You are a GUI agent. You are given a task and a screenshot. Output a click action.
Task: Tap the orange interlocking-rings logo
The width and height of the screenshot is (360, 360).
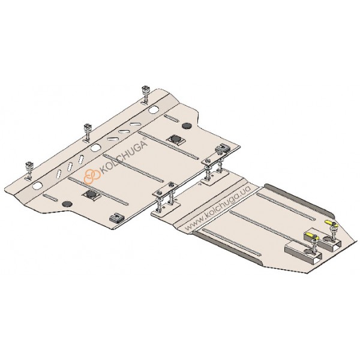[x=92, y=176]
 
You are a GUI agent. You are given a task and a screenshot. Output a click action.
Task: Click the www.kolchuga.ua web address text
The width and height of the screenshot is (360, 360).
[x=217, y=208]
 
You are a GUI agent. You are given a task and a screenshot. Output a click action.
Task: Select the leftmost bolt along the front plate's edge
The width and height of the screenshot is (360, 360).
[x=29, y=170]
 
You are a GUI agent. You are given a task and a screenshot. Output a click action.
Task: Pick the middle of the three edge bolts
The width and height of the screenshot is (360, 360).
[x=87, y=133]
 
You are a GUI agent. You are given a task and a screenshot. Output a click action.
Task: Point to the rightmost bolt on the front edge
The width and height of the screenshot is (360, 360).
[x=145, y=95]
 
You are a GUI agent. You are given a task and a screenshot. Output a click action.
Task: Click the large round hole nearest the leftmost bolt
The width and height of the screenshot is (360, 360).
[x=37, y=185]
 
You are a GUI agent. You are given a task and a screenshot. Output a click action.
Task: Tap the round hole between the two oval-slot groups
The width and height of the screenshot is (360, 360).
[x=95, y=148]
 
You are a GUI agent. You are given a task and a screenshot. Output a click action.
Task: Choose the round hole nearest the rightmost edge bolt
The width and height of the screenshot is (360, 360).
[x=153, y=110]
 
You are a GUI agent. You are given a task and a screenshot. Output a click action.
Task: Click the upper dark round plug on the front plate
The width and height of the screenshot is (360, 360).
[x=187, y=125]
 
